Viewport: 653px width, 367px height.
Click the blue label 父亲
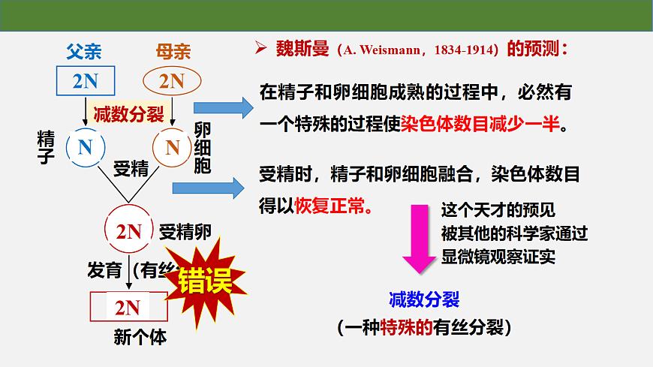pyautogui.click(x=83, y=52)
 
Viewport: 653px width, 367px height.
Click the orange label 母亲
pyautogui.click(x=173, y=52)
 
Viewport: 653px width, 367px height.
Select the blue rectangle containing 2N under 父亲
pyautogui.click(x=86, y=81)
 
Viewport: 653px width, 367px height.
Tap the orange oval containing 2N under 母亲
pyautogui.click(x=172, y=81)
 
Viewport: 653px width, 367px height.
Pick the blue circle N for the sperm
pyautogui.click(x=85, y=148)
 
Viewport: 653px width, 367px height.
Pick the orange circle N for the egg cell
pyautogui.click(x=173, y=148)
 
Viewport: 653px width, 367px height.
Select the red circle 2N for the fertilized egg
pyautogui.click(x=128, y=232)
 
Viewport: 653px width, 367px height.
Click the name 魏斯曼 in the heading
pyautogui.click(x=300, y=50)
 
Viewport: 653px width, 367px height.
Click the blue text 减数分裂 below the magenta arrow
pyautogui.click(x=423, y=300)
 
